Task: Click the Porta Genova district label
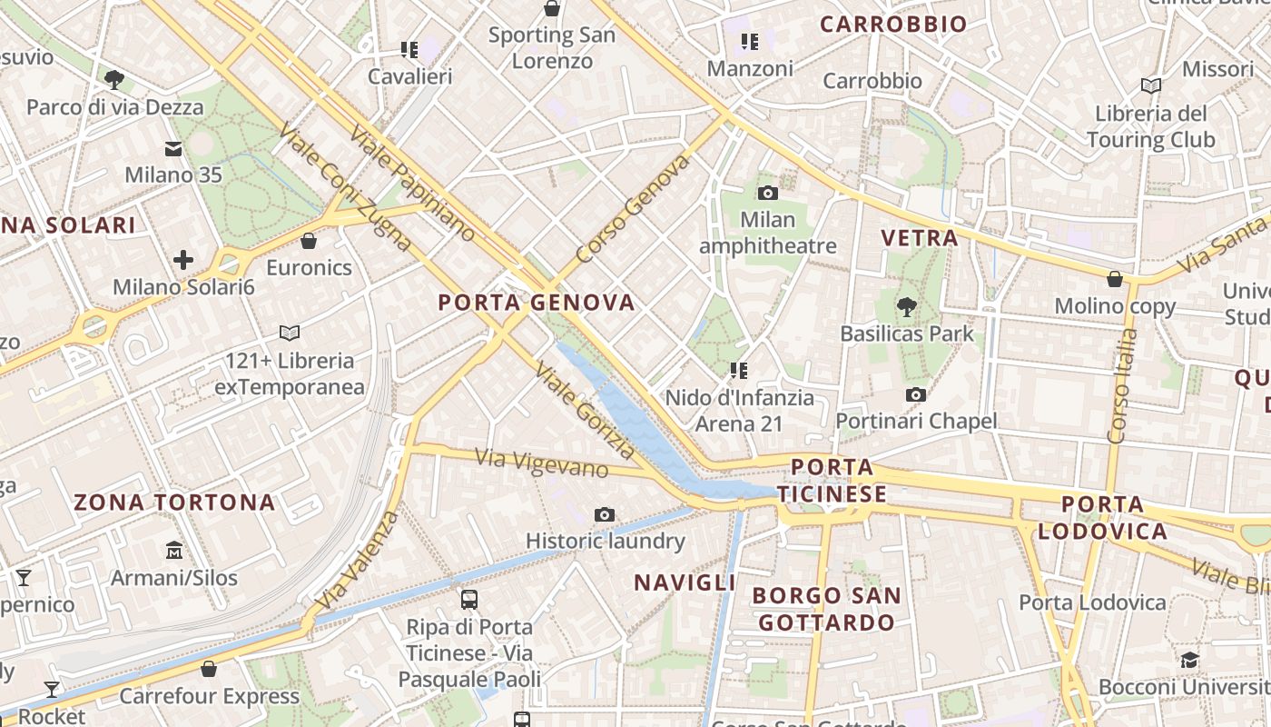click(x=537, y=303)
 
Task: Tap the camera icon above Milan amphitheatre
click(x=768, y=193)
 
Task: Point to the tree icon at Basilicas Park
click(x=906, y=306)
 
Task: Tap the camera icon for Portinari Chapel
click(x=916, y=394)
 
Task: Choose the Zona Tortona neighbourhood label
click(x=174, y=503)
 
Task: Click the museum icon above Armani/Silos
click(x=174, y=550)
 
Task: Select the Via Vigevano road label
click(x=542, y=463)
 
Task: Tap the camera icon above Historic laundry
click(x=605, y=514)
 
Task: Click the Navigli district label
click(x=685, y=583)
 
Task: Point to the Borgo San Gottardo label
click(x=827, y=610)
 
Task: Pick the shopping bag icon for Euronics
click(x=309, y=241)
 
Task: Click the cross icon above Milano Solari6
click(x=183, y=261)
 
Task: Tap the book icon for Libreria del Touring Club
click(x=1151, y=85)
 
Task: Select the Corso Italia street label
click(x=1123, y=386)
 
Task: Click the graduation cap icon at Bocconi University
click(x=1189, y=660)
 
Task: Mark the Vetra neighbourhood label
click(x=920, y=239)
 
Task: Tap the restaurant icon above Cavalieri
click(x=409, y=49)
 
